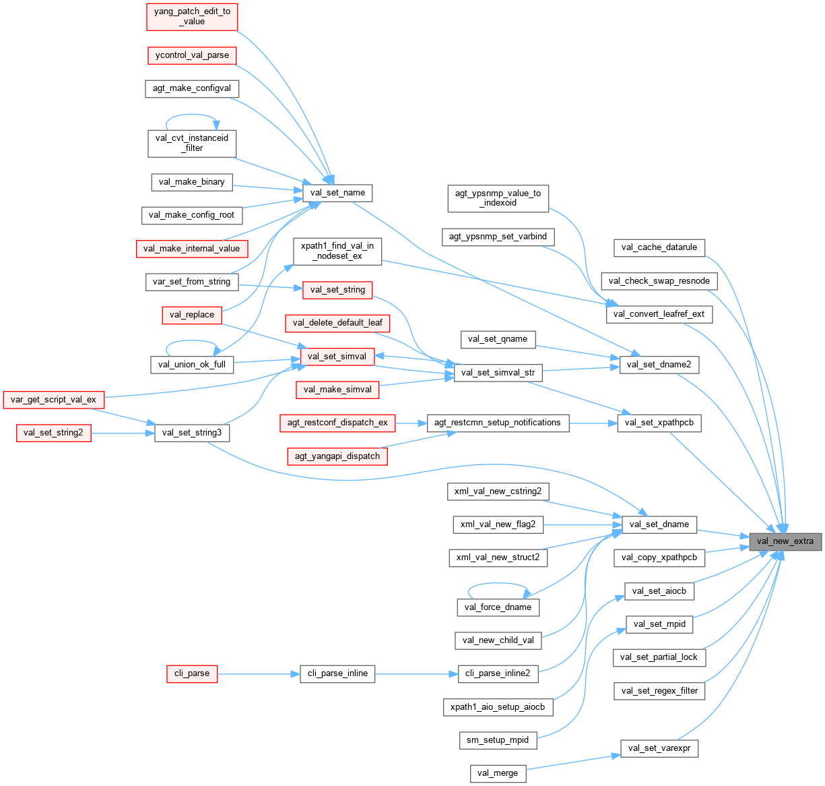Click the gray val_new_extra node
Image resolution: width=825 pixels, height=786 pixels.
tap(785, 541)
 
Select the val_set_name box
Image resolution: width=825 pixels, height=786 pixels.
tap(337, 193)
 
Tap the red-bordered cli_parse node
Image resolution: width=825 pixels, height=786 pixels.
tap(192, 673)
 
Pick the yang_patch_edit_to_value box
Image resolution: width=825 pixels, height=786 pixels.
tap(193, 16)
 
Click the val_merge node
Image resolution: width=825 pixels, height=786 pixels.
tap(498, 773)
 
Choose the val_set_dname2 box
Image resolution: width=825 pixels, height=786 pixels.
tap(659, 365)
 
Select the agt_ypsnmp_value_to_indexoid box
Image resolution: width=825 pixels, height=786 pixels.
tap(498, 198)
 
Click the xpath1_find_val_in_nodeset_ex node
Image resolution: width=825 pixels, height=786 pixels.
tap(337, 251)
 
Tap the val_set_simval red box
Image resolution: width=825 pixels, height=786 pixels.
tap(337, 357)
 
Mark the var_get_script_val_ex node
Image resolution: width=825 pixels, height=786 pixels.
tap(53, 400)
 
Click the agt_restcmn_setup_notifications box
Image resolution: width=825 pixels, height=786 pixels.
tap(497, 423)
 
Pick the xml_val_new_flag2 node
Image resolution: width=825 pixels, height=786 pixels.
tap(498, 524)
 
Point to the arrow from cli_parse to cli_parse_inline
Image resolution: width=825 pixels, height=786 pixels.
tap(259, 673)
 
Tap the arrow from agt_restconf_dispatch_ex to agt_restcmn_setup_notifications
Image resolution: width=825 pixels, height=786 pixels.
tap(411, 423)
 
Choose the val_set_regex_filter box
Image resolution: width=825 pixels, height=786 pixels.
tap(659, 690)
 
